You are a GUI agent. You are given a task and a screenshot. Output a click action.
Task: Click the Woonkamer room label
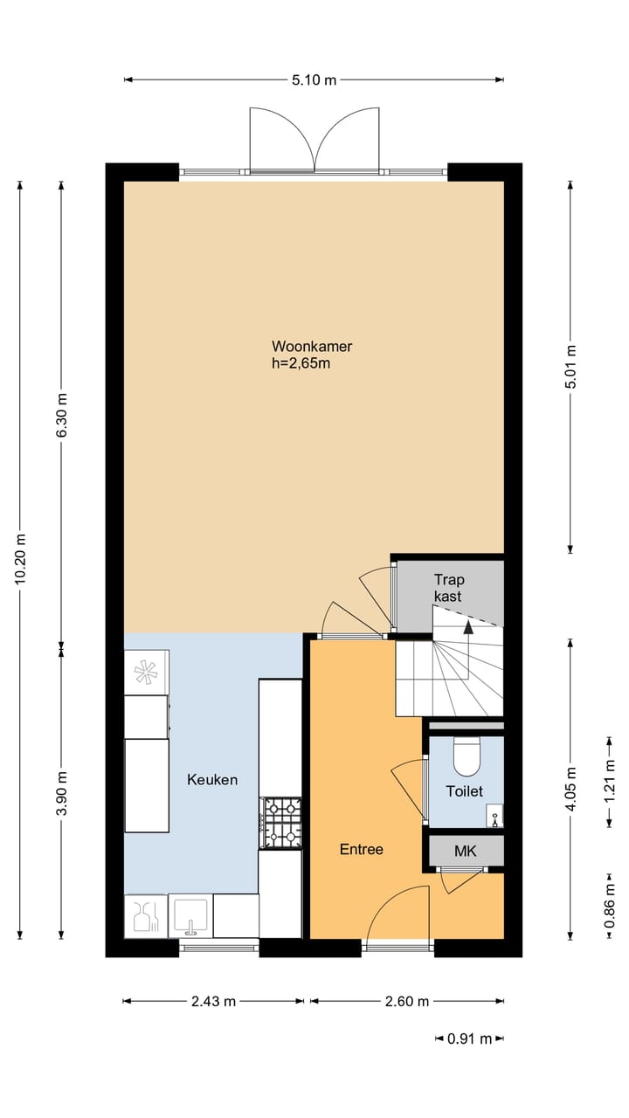(x=312, y=346)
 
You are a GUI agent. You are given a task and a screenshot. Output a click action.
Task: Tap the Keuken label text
(x=212, y=780)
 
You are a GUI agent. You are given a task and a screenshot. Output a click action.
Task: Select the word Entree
(x=362, y=849)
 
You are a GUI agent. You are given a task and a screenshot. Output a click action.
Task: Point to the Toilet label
(x=464, y=791)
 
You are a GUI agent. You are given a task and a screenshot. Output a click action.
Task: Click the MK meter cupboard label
(x=466, y=851)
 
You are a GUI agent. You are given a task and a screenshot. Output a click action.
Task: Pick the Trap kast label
(x=449, y=588)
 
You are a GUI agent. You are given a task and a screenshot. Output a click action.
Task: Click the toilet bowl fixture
(x=467, y=756)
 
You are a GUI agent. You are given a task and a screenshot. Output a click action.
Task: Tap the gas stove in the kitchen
(x=281, y=823)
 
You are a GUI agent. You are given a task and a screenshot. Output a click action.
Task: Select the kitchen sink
(x=190, y=916)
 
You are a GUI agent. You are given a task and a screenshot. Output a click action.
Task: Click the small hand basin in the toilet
(x=494, y=816)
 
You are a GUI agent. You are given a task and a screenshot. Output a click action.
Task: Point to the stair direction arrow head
(x=468, y=627)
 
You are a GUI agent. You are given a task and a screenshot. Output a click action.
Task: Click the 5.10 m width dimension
(x=314, y=79)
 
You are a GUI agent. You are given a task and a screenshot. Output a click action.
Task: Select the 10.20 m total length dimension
(x=20, y=559)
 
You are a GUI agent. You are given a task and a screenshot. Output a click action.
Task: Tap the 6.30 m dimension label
(x=61, y=415)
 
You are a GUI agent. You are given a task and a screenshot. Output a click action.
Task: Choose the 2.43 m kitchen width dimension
(x=214, y=1001)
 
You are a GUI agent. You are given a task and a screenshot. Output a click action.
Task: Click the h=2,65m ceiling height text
(x=301, y=363)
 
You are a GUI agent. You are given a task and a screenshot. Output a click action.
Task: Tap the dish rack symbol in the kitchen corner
(x=146, y=916)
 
